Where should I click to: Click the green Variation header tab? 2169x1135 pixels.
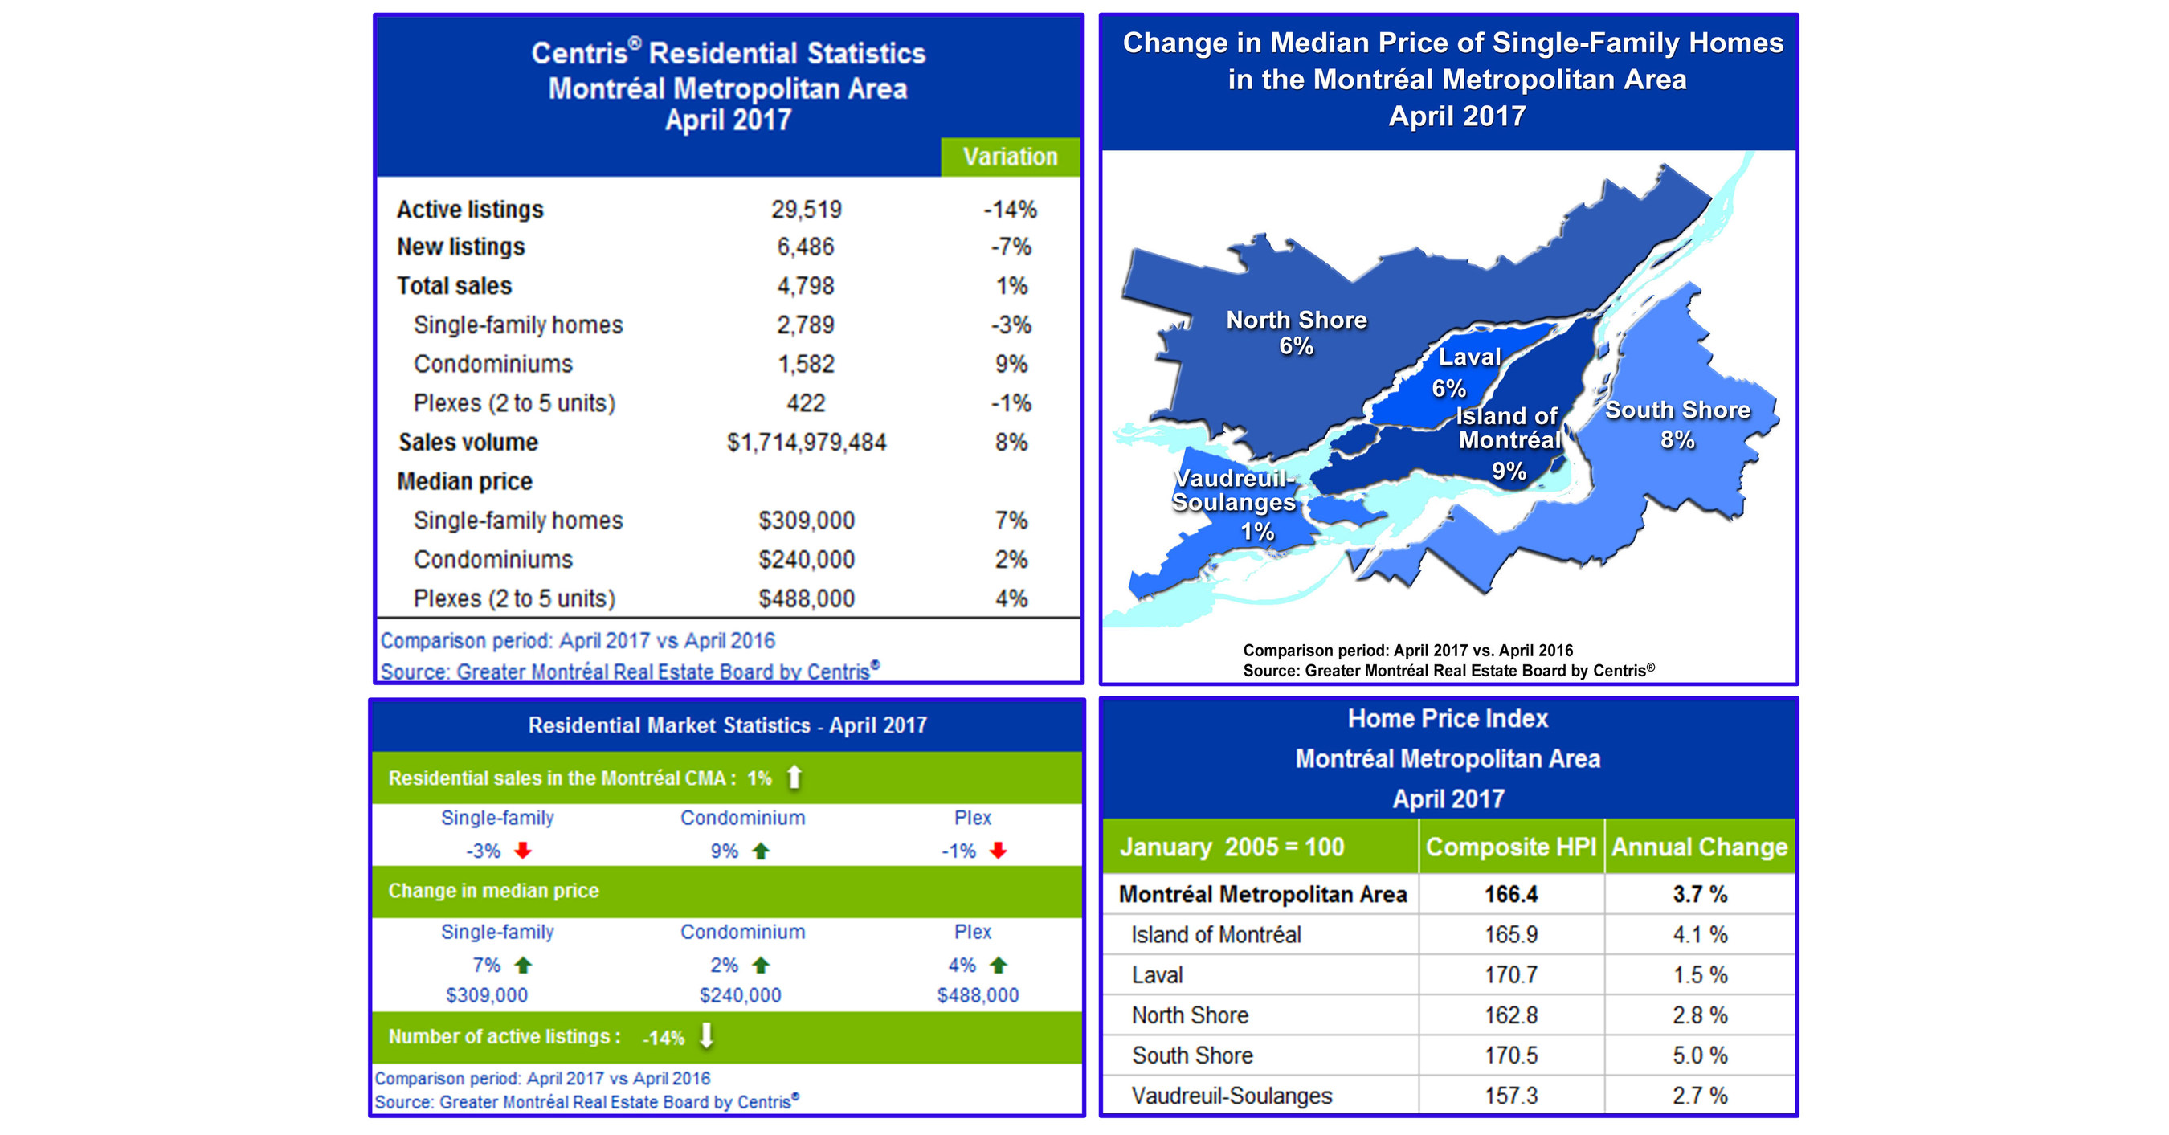click(x=1010, y=157)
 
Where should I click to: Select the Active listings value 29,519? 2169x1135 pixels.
click(x=806, y=210)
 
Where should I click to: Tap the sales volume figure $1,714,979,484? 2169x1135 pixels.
click(x=806, y=442)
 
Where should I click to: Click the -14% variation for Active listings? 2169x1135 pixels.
click(x=1010, y=210)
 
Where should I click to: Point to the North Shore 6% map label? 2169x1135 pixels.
click(x=1296, y=333)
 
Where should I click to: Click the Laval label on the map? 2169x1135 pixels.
click(x=1468, y=357)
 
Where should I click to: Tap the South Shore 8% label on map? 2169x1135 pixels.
click(x=1677, y=423)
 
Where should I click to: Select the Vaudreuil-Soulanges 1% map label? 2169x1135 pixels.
click(x=1235, y=504)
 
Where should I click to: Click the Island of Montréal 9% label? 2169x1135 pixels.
click(x=1508, y=442)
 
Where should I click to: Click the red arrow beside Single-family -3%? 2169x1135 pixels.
click(x=523, y=851)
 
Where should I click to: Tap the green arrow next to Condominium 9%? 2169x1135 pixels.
click(x=762, y=851)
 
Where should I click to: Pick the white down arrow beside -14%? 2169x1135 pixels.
click(x=706, y=1035)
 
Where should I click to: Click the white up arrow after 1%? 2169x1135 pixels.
click(x=794, y=778)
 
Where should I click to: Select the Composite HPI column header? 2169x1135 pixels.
click(x=1510, y=847)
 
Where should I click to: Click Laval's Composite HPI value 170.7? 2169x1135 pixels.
click(x=1510, y=975)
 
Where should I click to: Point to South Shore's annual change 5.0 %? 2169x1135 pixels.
click(x=1699, y=1055)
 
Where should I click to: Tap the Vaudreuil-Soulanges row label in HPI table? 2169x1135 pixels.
click(x=1231, y=1096)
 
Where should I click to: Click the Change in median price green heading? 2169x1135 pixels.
click(x=493, y=891)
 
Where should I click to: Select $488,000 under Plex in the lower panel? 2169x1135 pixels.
click(x=978, y=995)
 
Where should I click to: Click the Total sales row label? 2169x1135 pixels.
click(x=454, y=286)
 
